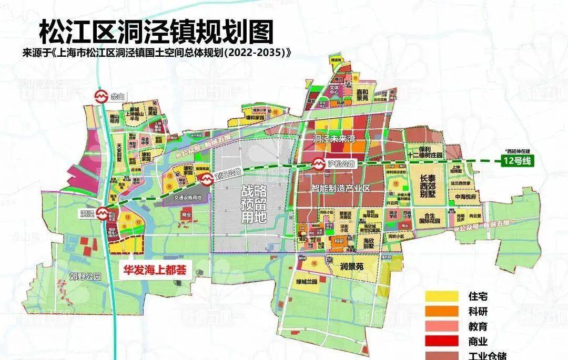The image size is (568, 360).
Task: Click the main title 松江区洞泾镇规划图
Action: (156, 33)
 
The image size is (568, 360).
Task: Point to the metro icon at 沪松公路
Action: (319, 163)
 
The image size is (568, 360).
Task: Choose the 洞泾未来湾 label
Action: (334, 140)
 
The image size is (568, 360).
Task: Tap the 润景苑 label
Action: (352, 266)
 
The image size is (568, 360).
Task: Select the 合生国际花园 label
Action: (428, 218)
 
